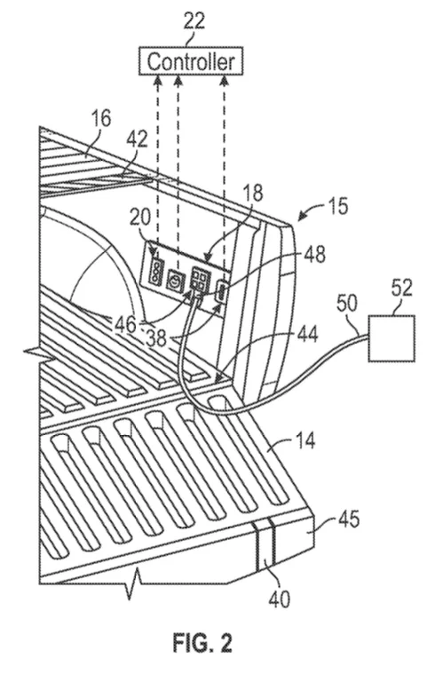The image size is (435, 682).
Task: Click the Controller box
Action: pyautogui.click(x=191, y=61)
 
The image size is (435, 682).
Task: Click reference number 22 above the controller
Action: pyautogui.click(x=194, y=21)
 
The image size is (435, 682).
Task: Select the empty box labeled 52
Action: pyautogui.click(x=391, y=338)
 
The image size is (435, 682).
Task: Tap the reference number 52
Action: pyautogui.click(x=400, y=288)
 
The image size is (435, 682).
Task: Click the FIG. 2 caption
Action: pyautogui.click(x=202, y=642)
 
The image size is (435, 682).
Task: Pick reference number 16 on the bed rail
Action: pyautogui.click(x=100, y=119)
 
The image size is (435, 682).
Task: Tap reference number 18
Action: pyautogui.click(x=253, y=193)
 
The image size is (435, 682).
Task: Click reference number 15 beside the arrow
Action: pyautogui.click(x=337, y=206)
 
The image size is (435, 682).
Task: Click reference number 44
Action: pyautogui.click(x=307, y=335)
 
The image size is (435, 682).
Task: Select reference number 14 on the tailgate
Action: pyautogui.click(x=304, y=441)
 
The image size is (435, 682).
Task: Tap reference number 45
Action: pyautogui.click(x=348, y=519)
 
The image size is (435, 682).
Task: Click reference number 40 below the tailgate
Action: pyautogui.click(x=279, y=599)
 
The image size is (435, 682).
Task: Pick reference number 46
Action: pyautogui.click(x=126, y=323)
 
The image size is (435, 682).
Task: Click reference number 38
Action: pyautogui.click(x=156, y=338)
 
